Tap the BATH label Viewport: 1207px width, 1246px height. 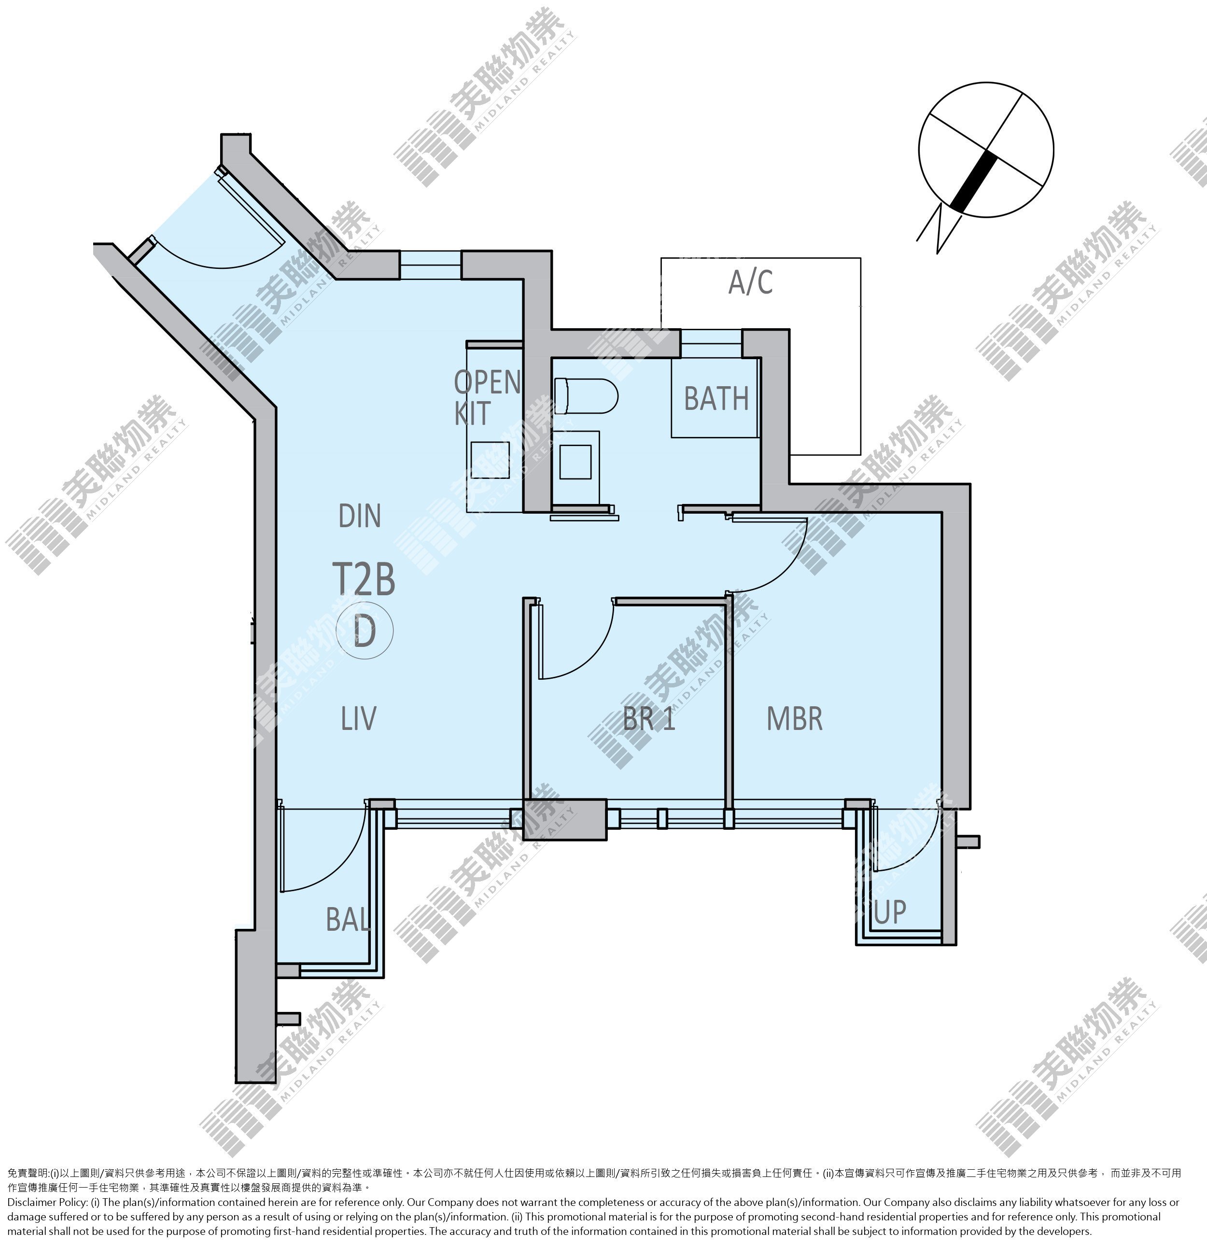pos(716,399)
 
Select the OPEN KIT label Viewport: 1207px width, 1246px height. pos(488,397)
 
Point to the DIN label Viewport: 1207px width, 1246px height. pos(360,516)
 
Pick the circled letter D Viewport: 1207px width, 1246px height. pos(365,630)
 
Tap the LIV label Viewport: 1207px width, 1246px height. pos(359,718)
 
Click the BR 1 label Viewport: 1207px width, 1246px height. pos(649,719)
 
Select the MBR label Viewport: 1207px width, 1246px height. pos(795,718)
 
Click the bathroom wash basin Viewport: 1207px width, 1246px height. pos(575,462)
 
